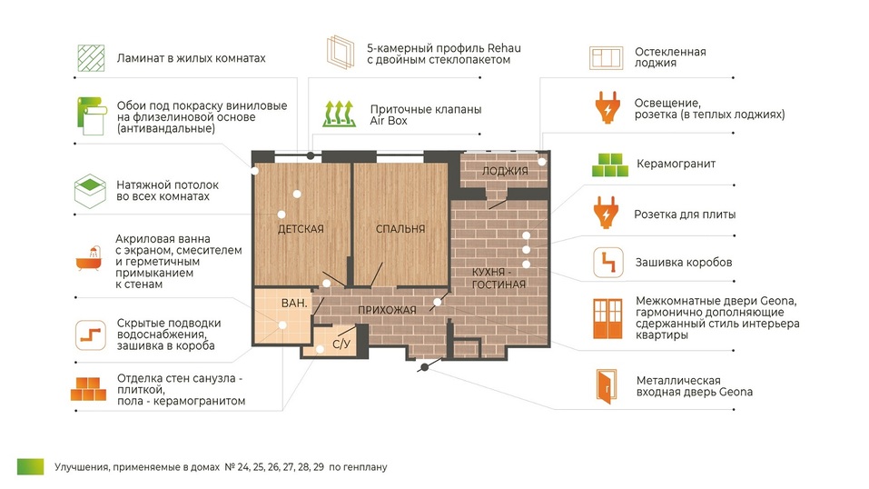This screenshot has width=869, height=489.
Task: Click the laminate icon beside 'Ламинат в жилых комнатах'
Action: pyautogui.click(x=91, y=58)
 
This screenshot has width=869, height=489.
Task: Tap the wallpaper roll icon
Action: pyautogui.click(x=91, y=116)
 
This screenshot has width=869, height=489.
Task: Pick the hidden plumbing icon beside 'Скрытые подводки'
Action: pyautogui.click(x=90, y=334)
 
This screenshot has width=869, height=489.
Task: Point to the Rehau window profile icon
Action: pyautogui.click(x=341, y=52)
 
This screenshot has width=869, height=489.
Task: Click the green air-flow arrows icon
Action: pyautogui.click(x=340, y=114)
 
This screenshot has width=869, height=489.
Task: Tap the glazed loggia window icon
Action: pyautogui.click(x=606, y=58)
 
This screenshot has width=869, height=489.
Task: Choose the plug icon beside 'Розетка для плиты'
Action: pyautogui.click(x=607, y=212)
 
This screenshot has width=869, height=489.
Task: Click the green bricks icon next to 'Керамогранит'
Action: pyautogui.click(x=609, y=165)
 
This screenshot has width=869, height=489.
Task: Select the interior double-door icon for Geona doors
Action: pyautogui.click(x=608, y=319)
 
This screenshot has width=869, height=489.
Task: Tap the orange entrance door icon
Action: pyautogui.click(x=607, y=386)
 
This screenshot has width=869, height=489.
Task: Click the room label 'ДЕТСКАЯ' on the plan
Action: pyautogui.click(x=301, y=229)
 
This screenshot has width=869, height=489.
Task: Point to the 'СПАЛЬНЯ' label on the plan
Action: pyautogui.click(x=400, y=229)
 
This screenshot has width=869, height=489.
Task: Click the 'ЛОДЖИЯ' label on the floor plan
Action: pyautogui.click(x=504, y=171)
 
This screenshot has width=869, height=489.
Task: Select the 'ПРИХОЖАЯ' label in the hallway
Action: pyautogui.click(x=387, y=310)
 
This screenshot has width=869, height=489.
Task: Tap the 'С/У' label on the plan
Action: pyautogui.click(x=341, y=344)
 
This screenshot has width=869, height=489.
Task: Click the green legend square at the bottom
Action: pyautogui.click(x=31, y=467)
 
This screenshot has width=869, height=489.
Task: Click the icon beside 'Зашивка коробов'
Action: pyautogui.click(x=608, y=263)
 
